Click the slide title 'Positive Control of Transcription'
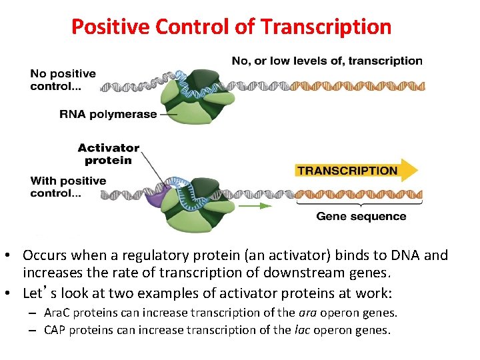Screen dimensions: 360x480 231,27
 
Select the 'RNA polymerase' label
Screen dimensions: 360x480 108,114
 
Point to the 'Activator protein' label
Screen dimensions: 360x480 108,154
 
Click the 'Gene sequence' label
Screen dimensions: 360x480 361,216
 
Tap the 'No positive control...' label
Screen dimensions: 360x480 63,80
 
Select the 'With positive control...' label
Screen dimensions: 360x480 68,187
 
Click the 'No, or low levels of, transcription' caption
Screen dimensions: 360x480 327,61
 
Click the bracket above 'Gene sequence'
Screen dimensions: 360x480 361,204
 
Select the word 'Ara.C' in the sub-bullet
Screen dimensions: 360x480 57,313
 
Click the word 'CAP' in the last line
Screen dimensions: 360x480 55,329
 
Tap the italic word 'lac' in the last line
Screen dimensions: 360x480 300,329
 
